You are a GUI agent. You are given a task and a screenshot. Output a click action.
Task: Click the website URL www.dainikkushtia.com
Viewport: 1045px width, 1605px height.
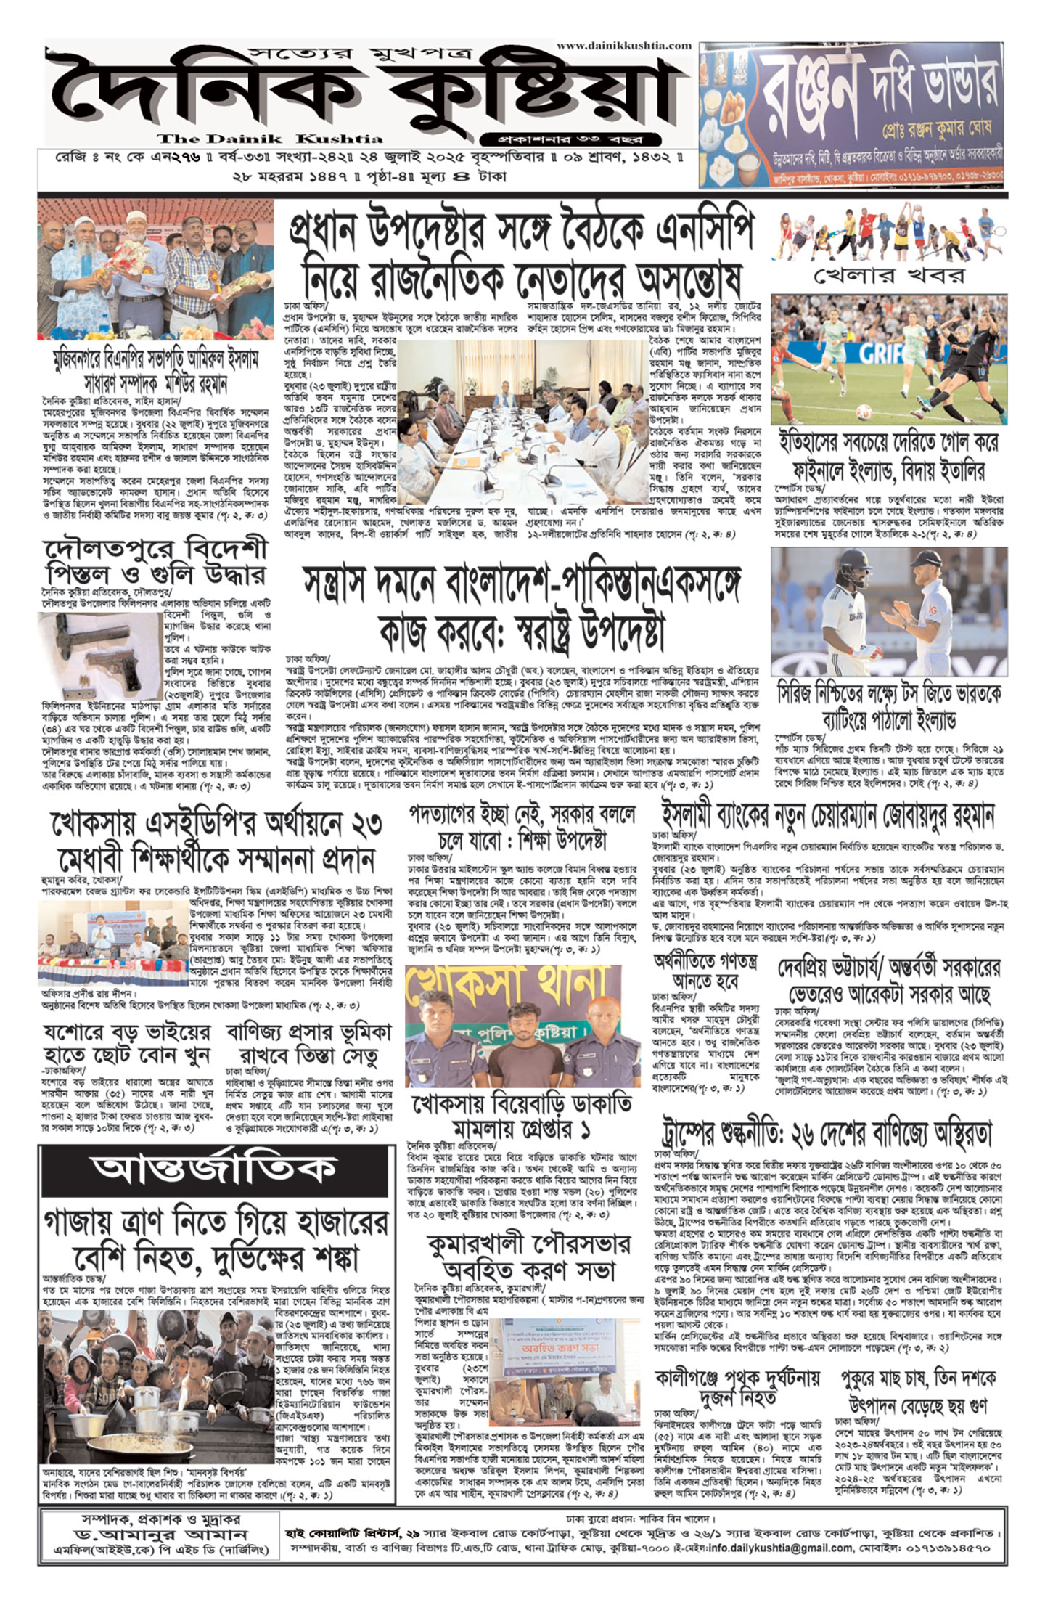pyautogui.click(x=624, y=45)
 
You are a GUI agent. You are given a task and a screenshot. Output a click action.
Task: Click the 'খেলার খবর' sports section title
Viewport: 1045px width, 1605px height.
pyautogui.click(x=889, y=275)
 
